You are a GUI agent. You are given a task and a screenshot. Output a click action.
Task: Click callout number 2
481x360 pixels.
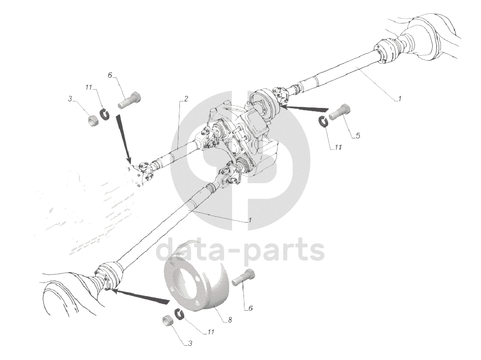pos(186,98)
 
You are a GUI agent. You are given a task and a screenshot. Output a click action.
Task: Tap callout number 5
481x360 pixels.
pos(358,135)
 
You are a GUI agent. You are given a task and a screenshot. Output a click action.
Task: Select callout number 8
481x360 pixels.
pos(230,320)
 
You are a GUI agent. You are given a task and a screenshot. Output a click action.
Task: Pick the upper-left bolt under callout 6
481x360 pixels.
pos(129,99)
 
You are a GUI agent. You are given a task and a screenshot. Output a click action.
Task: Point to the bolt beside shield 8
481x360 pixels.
pos(243,278)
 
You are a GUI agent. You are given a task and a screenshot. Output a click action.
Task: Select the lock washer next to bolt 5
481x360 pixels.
pos(324,121)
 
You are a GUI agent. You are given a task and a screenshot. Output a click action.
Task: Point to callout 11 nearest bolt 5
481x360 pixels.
pos(338,148)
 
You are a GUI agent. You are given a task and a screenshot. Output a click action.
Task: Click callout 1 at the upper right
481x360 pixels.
pos(399,98)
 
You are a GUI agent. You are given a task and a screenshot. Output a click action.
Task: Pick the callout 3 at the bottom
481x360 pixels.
pos(190,343)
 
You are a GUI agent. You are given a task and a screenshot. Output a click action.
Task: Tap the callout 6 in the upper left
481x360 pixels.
pos(110,75)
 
